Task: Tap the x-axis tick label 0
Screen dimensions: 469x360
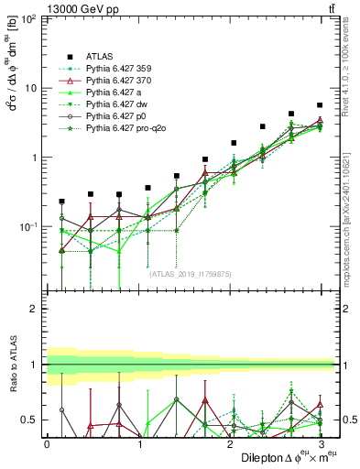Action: tap(47, 443)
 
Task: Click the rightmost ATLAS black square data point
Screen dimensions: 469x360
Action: tap(320, 105)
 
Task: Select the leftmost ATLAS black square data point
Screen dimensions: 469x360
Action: tap(62, 202)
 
